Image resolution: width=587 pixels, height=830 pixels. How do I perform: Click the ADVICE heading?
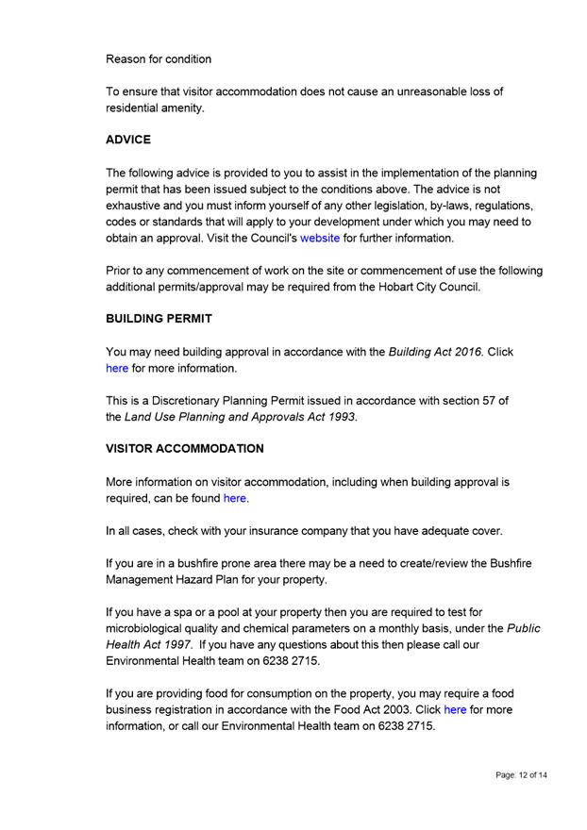click(x=128, y=140)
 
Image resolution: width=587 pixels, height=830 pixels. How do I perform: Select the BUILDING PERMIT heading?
click(x=159, y=319)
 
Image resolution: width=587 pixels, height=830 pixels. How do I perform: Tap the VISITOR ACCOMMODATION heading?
click(x=185, y=448)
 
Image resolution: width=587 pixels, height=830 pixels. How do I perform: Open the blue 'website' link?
click(x=320, y=239)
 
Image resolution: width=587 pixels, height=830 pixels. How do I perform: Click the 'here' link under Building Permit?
click(x=117, y=368)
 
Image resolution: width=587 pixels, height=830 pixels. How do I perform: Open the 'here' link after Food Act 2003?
click(x=455, y=709)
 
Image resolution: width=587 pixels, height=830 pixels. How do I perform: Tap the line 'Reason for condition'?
click(x=159, y=58)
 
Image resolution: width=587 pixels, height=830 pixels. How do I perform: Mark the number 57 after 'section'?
click(x=486, y=401)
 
